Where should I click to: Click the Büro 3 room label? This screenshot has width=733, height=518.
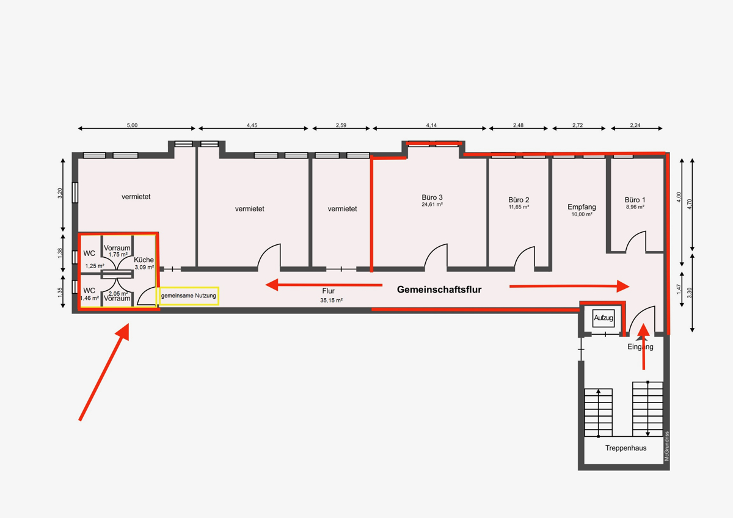pos(432,197)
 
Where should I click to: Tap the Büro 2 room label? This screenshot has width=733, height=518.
pos(519,200)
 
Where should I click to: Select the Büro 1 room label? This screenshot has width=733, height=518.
pos(635,200)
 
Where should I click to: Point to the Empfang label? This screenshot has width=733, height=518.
pos(582,207)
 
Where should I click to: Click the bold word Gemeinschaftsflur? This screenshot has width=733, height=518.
pos(439,290)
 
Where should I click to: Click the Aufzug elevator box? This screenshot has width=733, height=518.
pos(603,318)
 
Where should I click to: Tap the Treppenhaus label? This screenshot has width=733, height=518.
pos(625,448)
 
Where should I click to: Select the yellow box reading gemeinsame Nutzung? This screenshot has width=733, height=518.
pos(189,296)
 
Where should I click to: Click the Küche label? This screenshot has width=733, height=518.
pos(144,260)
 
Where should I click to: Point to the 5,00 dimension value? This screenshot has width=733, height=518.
pos(132,125)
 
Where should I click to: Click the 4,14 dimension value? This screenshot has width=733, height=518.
pos(431,125)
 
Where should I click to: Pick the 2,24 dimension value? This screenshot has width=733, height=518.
pos(635,125)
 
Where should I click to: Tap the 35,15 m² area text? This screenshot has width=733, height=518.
pos(331,301)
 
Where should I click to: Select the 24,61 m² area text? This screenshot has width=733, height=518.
pos(432,205)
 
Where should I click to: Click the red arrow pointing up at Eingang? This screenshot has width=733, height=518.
pos(643,346)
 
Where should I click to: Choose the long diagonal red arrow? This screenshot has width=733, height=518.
pos(104,372)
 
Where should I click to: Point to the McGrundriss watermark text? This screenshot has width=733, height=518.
pos(666,446)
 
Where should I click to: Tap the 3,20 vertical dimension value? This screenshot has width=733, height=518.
pos(60,193)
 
